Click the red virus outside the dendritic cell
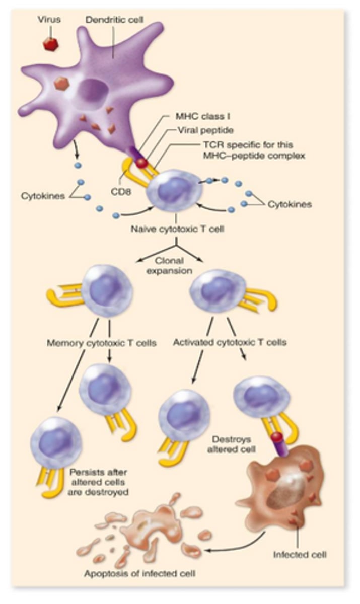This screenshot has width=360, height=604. click(x=50, y=44)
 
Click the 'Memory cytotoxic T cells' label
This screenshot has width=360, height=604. click(x=101, y=343)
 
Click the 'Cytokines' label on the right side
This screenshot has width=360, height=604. click(x=289, y=204)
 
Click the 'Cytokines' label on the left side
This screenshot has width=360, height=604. click(x=42, y=196)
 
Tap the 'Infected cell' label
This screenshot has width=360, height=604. click(x=300, y=555)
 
